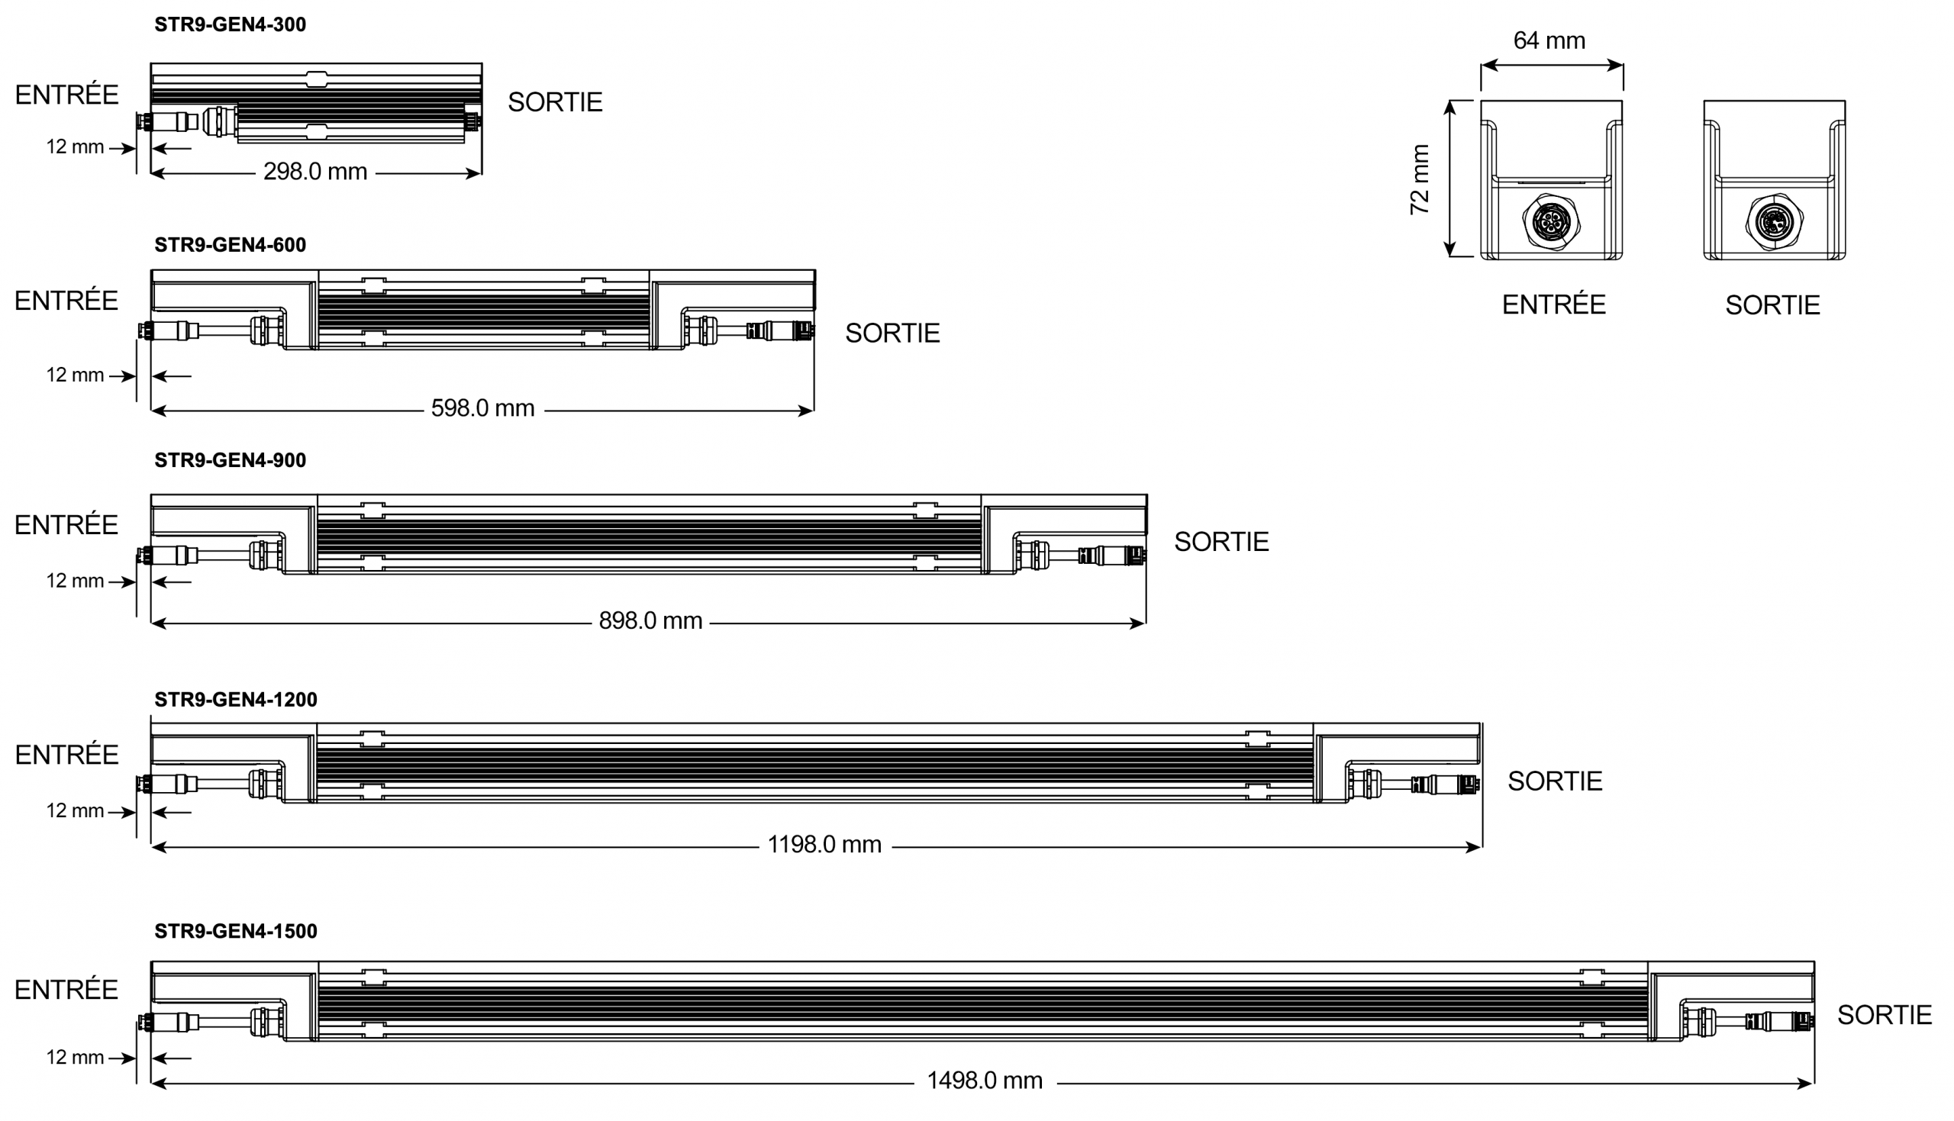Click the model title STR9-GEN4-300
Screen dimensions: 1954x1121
click(231, 24)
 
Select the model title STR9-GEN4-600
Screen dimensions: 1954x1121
click(231, 245)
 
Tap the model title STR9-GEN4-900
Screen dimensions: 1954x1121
click(231, 460)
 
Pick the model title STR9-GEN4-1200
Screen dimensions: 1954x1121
click(236, 700)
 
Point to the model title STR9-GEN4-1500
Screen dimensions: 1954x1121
click(236, 932)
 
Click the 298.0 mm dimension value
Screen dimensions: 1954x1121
click(316, 172)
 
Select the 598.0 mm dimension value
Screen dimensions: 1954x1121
click(482, 408)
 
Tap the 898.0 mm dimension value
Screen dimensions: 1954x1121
click(650, 620)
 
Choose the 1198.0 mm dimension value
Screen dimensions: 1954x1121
click(824, 845)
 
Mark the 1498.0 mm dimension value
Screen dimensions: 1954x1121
click(985, 1081)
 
